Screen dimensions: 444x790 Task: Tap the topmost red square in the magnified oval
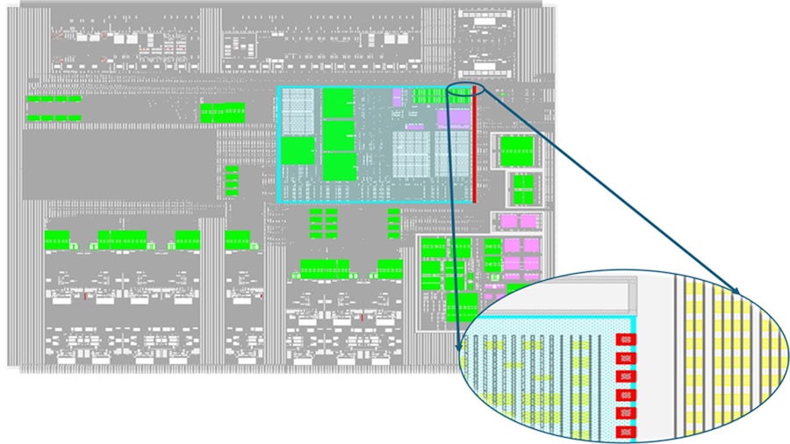click(x=626, y=339)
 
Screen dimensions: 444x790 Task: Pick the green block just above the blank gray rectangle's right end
click(x=223, y=112)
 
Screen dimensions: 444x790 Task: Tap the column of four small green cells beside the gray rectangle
click(x=232, y=181)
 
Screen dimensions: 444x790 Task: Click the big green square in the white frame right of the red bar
click(x=516, y=150)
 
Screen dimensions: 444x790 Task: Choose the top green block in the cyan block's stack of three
click(x=338, y=104)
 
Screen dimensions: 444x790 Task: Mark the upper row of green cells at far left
click(x=53, y=99)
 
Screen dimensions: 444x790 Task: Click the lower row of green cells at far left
click(x=53, y=118)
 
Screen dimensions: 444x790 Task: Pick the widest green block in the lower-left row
click(x=122, y=240)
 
